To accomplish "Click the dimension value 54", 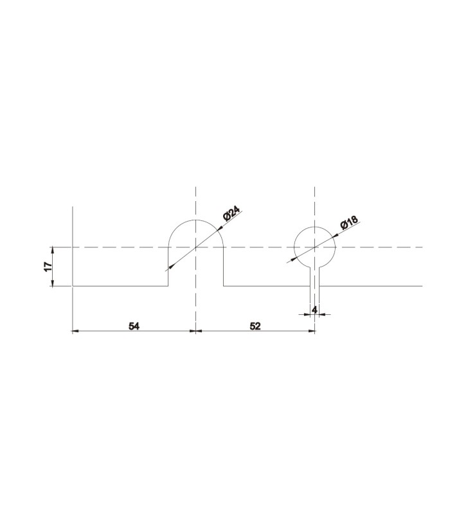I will [134, 326].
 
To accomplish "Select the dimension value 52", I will [255, 326].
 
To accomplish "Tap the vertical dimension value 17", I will [48, 267].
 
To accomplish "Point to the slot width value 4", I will [314, 309].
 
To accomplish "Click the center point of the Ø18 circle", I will [314, 247].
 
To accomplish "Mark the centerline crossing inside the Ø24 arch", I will [195, 247].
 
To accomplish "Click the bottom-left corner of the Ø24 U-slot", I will [168, 285].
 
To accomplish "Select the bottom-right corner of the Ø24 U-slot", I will [223, 285].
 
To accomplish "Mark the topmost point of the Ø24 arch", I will [195, 220].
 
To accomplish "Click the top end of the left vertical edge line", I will [73, 207].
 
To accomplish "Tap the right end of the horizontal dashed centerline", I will [422, 247].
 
